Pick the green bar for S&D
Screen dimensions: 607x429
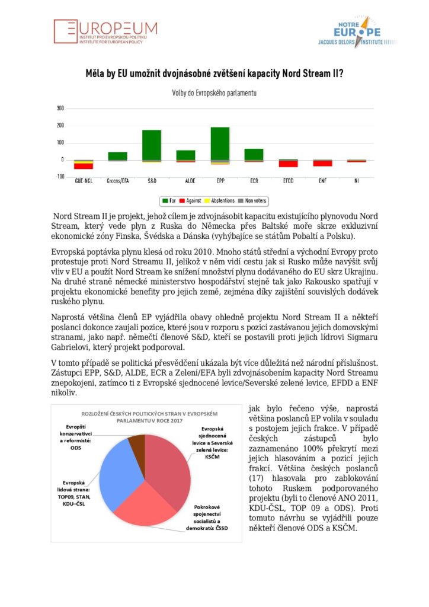(x=152, y=145)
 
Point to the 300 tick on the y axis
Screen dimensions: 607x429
(x=60, y=108)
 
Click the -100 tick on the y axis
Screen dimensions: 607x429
(x=59, y=177)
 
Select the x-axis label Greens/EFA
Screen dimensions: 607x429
(x=117, y=181)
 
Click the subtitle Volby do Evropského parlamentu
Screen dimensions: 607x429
(x=214, y=93)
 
